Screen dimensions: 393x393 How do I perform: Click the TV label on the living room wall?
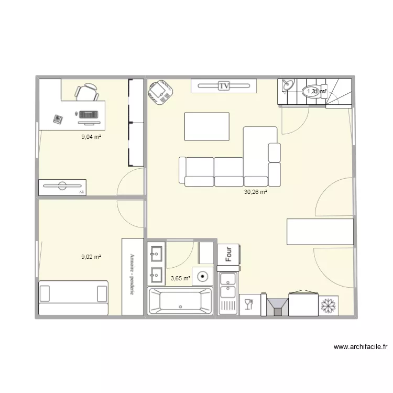tap(224, 85)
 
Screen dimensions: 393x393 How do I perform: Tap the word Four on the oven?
tap(228, 254)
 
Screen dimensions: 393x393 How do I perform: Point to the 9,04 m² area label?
tap(91, 137)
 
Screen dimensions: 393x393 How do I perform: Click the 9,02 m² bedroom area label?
tap(91, 257)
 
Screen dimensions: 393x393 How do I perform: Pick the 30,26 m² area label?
tap(255, 192)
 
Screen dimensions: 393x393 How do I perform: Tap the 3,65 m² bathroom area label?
tap(180, 278)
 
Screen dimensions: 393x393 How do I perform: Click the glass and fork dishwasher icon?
tap(248, 304)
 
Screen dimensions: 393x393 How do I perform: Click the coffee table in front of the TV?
tap(206, 126)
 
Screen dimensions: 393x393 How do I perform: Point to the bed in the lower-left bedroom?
tap(73, 297)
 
